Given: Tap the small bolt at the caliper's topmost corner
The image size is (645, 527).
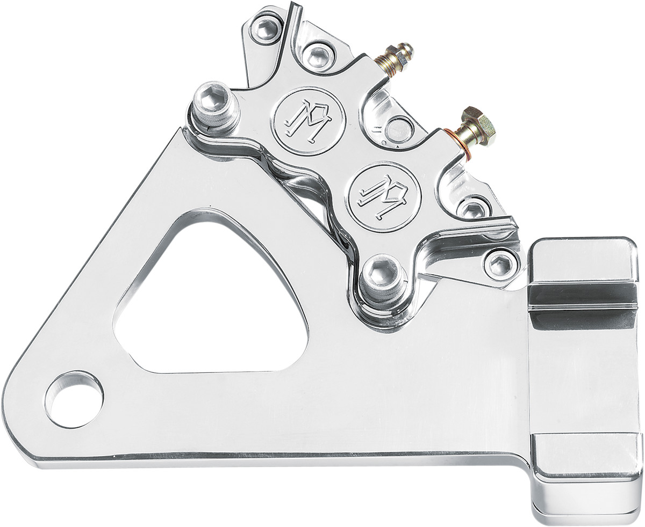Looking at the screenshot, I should click(267, 29).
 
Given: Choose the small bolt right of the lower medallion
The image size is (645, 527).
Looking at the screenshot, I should click(473, 209).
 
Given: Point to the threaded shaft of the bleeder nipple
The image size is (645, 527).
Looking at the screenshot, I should click(382, 65).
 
